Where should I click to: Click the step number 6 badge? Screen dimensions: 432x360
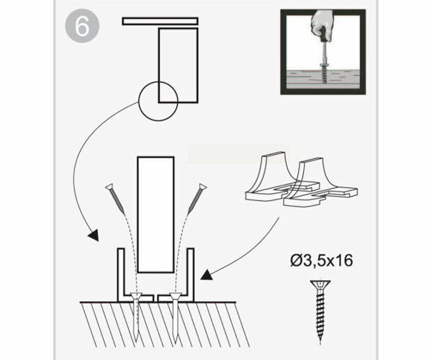click(82, 27)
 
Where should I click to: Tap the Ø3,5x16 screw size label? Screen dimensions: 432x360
click(322, 261)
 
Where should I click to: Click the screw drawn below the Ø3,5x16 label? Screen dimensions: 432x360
click(320, 311)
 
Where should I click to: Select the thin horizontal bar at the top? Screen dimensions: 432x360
click(160, 22)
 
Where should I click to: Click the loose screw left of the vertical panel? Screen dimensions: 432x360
click(116, 198)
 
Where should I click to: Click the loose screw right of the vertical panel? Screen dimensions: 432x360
click(197, 198)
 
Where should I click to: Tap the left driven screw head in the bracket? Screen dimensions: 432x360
click(136, 297)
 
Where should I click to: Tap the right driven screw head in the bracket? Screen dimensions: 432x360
click(175, 297)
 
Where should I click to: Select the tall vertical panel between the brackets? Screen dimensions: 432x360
click(156, 215)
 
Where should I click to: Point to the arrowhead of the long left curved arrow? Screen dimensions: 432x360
click(93, 235)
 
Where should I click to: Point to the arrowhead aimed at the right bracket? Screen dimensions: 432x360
click(207, 275)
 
